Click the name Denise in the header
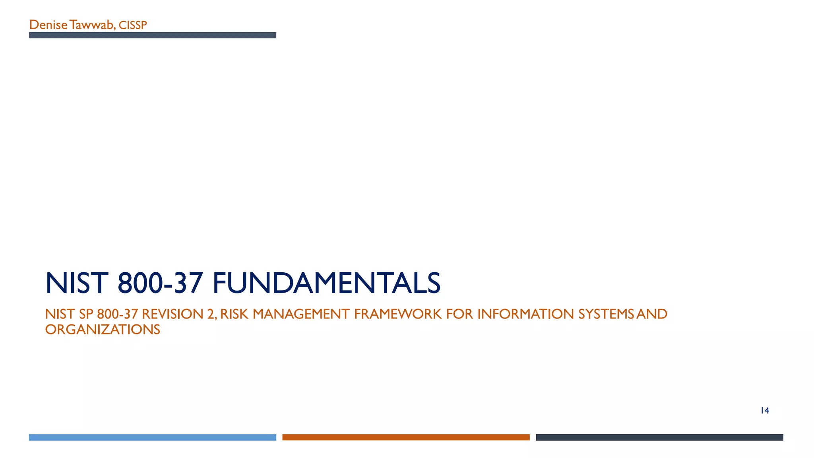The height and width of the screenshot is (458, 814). coord(48,25)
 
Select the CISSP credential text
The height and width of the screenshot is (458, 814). coord(133,25)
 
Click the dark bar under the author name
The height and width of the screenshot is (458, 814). coord(152,35)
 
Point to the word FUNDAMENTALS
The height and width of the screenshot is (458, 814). coord(326,283)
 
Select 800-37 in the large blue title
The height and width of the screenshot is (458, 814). coord(161,283)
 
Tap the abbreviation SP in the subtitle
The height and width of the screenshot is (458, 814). coord(86,314)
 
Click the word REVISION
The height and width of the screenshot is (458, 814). coord(172,314)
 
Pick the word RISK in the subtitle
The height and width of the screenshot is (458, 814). coord(234,314)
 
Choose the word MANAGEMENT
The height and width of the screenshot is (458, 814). coord(301,314)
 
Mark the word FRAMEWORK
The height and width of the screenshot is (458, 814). coord(398,314)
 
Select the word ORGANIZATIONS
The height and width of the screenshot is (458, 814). coord(103,330)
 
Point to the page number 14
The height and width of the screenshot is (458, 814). coord(765,411)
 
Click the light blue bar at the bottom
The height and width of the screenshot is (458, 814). coord(152,437)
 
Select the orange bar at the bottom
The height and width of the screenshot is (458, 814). coord(406,437)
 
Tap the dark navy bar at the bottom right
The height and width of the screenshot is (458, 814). coord(659,437)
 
